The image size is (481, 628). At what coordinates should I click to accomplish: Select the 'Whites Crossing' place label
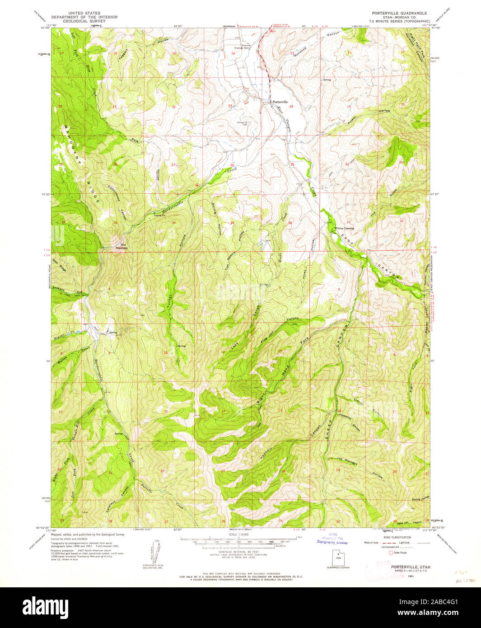(x=344, y=229)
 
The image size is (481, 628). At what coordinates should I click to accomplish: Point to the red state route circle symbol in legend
(x=391, y=552)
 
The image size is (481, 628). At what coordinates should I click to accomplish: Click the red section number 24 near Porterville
(x=291, y=106)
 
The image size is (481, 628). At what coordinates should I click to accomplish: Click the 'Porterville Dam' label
(x=244, y=122)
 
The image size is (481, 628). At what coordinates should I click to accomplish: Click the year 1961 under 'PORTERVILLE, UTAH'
(x=411, y=576)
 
